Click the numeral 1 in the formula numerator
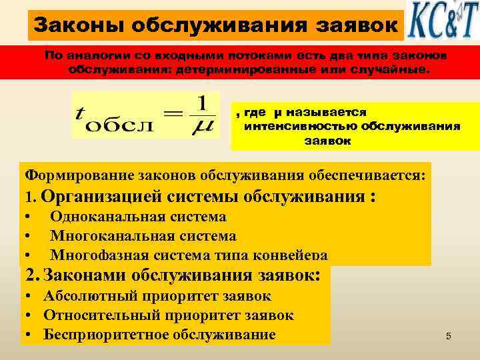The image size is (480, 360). tap(204, 104)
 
